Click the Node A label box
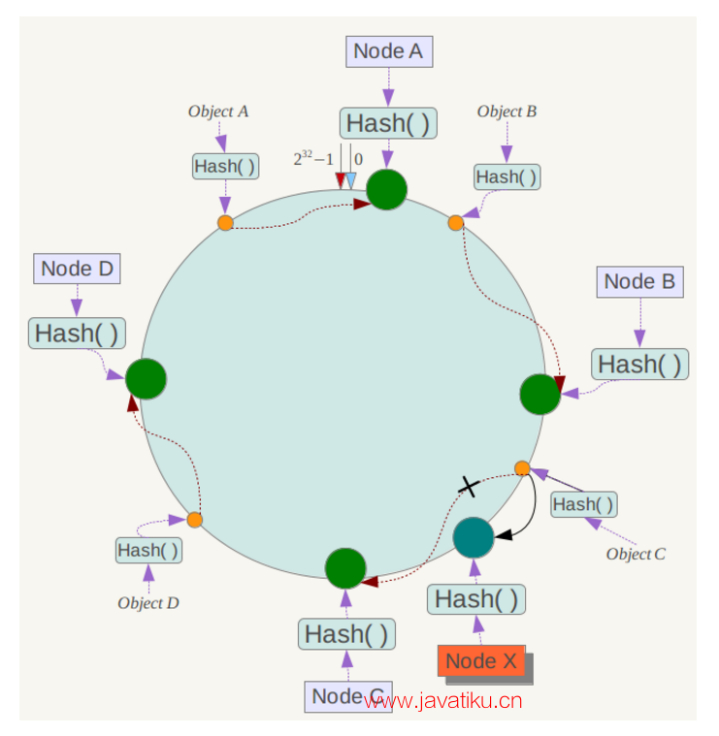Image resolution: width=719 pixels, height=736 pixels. click(388, 51)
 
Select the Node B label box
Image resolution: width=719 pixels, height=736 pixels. click(639, 282)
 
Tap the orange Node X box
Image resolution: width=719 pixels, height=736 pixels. click(481, 661)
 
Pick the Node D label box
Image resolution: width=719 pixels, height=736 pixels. click(78, 269)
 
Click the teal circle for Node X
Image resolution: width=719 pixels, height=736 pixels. click(474, 537)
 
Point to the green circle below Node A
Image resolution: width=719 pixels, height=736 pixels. click(387, 189)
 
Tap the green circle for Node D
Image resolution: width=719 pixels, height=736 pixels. click(147, 377)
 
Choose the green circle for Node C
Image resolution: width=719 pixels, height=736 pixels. click(344, 568)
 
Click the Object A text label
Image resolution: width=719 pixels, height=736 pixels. click(218, 112)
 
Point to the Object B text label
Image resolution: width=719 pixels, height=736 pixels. click(507, 112)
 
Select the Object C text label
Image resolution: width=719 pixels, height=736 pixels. click(636, 555)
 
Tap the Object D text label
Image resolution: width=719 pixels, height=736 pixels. click(148, 603)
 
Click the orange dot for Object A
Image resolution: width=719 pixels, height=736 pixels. click(225, 223)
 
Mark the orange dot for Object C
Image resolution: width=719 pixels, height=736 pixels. click(522, 468)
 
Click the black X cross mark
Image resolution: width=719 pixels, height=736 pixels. click(469, 487)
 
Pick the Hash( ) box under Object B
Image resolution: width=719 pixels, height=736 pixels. click(507, 176)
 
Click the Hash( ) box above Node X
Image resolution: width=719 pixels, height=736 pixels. click(475, 599)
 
